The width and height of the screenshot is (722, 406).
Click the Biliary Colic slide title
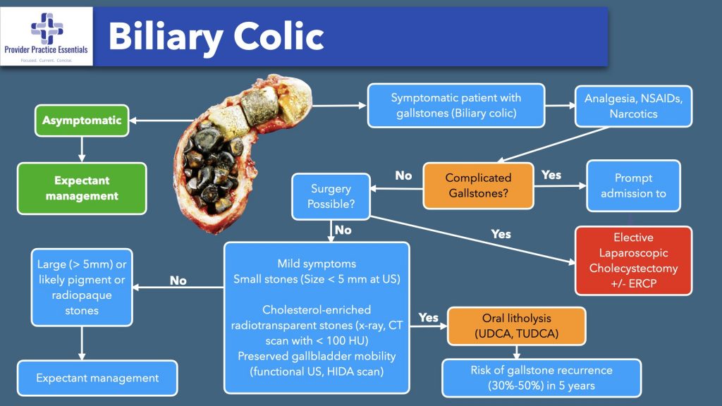216,37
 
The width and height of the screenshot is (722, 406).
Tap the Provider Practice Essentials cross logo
47,28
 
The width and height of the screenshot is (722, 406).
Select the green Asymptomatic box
82,121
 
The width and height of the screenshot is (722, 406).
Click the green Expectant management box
82,187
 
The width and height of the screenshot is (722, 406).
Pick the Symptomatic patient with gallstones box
455,106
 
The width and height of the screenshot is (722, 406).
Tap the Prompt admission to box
633,186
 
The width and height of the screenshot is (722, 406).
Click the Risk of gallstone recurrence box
541,378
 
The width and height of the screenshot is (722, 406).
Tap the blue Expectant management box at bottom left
97,379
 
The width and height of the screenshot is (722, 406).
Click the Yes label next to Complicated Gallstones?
551,174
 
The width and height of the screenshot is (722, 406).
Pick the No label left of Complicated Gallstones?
403,176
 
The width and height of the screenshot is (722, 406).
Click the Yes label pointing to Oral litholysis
428,317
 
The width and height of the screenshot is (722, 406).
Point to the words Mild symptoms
317,264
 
